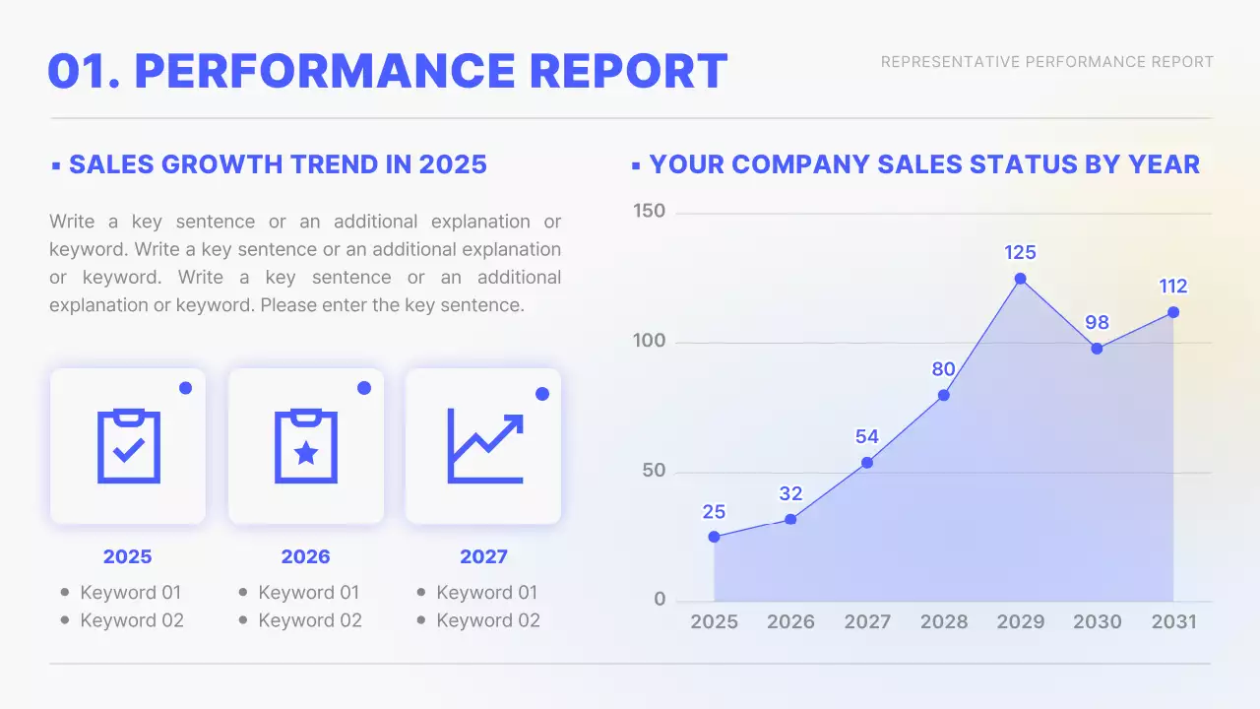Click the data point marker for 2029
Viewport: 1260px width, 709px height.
coord(1020,279)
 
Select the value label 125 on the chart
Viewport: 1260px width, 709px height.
coord(1020,253)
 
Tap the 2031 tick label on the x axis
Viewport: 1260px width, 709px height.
coord(1173,621)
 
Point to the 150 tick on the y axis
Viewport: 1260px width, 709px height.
coord(649,212)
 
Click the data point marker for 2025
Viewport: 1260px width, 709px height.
coord(714,537)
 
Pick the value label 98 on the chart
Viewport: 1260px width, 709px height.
coord(1097,323)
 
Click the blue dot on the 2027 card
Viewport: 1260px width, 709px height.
coord(541,394)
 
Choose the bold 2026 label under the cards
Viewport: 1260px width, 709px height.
coord(305,556)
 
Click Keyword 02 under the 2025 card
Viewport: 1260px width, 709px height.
coord(131,620)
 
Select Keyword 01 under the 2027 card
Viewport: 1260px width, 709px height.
coord(487,593)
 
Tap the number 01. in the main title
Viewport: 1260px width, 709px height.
coord(83,71)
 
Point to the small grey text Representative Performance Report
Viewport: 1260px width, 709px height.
coord(1046,62)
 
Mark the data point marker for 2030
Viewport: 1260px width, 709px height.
coord(1097,349)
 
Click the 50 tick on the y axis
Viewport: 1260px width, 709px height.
coord(654,471)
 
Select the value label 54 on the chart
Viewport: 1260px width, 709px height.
coord(866,437)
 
